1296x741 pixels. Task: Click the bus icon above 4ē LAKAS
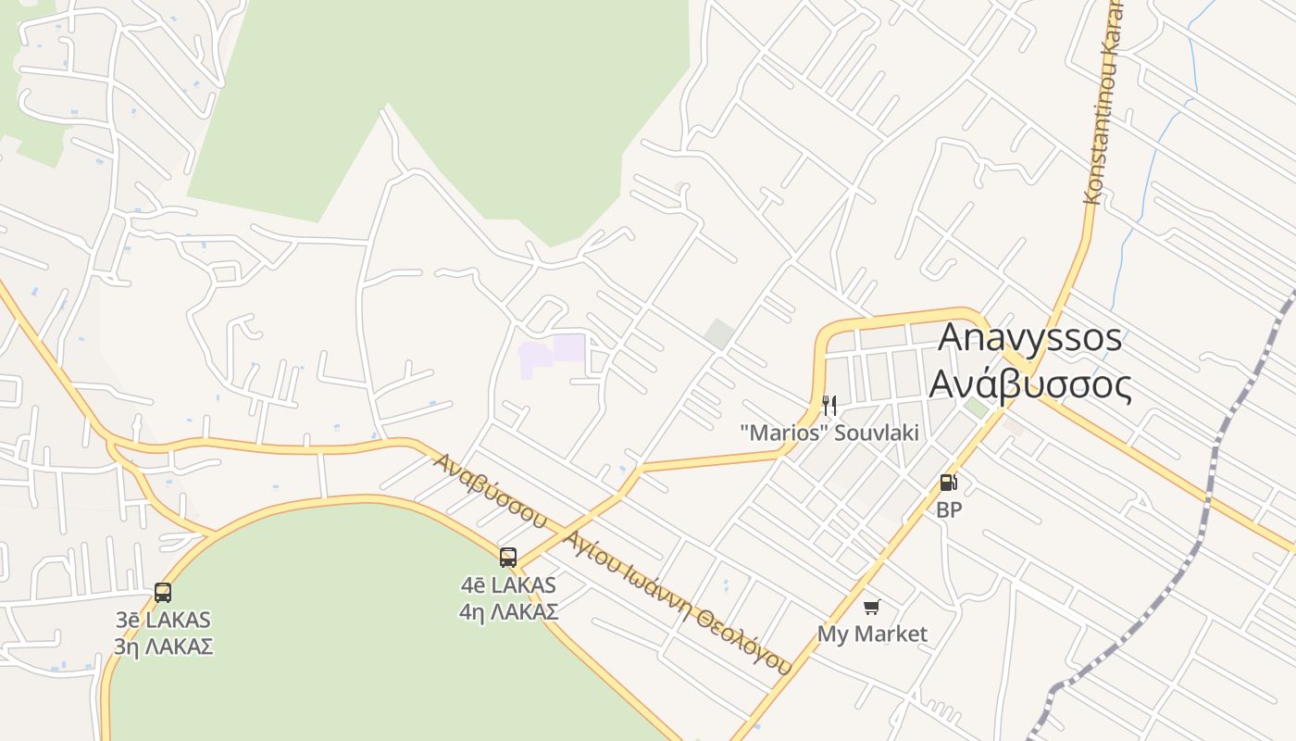pyautogui.click(x=508, y=557)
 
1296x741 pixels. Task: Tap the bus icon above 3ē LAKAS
pyautogui.click(x=163, y=592)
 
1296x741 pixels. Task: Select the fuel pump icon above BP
pyautogui.click(x=948, y=482)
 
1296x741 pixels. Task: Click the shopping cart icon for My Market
pyautogui.click(x=871, y=607)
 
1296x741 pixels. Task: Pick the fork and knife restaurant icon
pyautogui.click(x=829, y=405)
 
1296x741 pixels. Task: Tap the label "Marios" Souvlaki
pyautogui.click(x=829, y=433)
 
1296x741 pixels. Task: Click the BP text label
pyautogui.click(x=949, y=509)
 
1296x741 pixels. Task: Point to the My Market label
pyautogui.click(x=872, y=634)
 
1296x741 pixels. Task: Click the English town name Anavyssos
pyautogui.click(x=1029, y=338)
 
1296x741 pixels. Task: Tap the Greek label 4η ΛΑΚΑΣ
pyautogui.click(x=508, y=612)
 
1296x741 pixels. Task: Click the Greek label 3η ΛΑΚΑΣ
pyautogui.click(x=164, y=647)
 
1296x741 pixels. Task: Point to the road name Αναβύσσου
pyautogui.click(x=492, y=489)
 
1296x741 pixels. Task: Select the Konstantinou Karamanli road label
pyautogui.click(x=1104, y=102)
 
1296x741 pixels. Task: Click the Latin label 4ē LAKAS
pyautogui.click(x=508, y=585)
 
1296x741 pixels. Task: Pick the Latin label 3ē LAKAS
pyautogui.click(x=164, y=620)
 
